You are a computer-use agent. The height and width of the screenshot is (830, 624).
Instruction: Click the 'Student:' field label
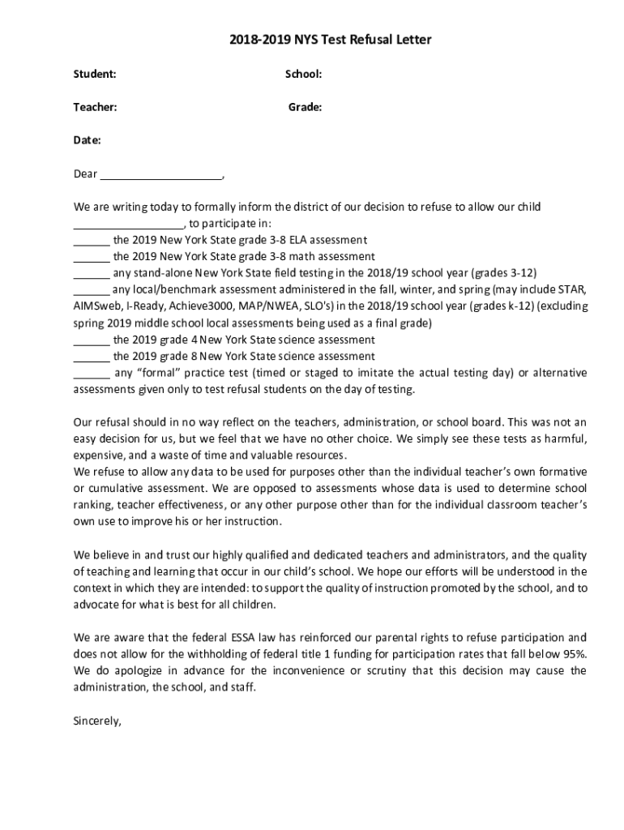[x=95, y=75]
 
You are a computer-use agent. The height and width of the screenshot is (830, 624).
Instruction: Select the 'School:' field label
[x=303, y=75]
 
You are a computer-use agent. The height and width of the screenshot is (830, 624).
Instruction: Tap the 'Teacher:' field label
[x=95, y=107]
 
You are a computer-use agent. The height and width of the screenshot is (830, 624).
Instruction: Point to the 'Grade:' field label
[x=305, y=107]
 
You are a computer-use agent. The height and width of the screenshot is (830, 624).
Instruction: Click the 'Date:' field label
[x=88, y=140]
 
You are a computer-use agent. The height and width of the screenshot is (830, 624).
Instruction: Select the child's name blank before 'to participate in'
[x=129, y=225]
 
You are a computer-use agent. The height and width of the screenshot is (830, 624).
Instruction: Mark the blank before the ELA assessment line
[x=91, y=241]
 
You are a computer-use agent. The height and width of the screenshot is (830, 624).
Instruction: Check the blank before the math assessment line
[x=91, y=257]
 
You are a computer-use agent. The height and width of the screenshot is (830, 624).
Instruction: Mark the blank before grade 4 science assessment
[x=91, y=340]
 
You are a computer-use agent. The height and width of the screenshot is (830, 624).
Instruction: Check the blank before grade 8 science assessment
[x=91, y=357]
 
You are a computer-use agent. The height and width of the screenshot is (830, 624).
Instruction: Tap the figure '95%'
[x=575, y=654]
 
